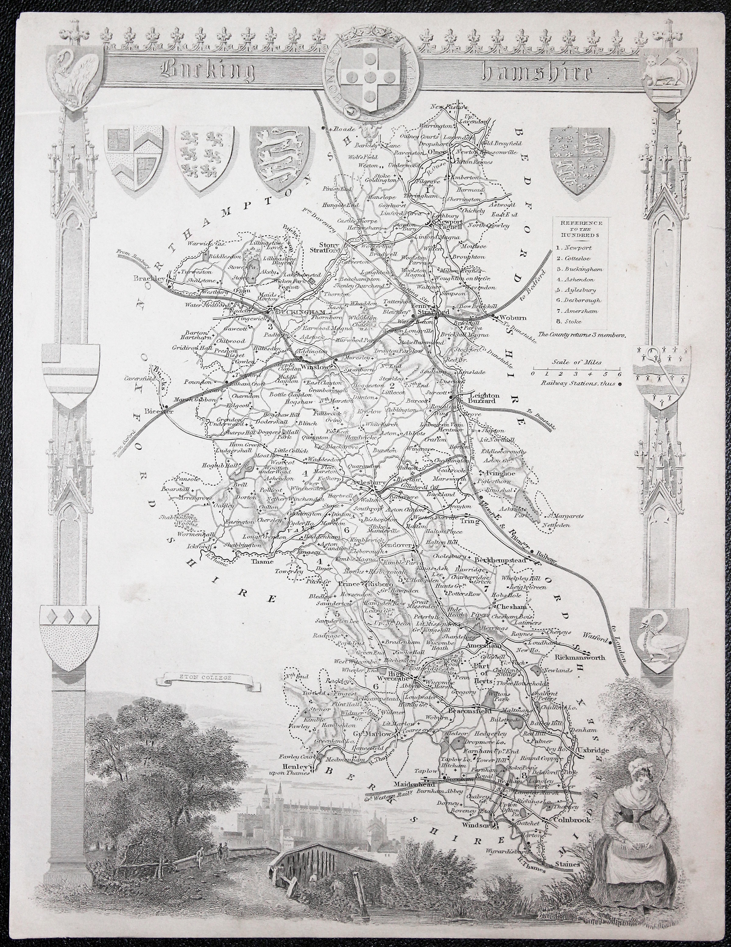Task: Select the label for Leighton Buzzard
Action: tap(483, 399)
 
